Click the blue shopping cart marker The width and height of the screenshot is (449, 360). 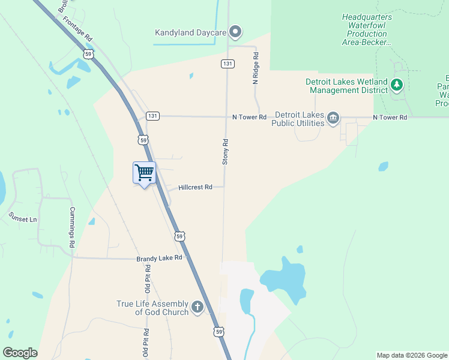144,173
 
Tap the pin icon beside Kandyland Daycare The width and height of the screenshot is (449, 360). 236,32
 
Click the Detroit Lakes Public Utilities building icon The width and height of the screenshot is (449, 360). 334,118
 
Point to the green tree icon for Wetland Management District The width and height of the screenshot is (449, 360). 396,85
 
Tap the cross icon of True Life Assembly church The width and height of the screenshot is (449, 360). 197,308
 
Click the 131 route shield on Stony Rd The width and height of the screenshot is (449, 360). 227,63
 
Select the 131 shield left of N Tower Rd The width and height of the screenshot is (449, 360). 152,116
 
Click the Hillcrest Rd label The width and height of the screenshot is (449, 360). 195,187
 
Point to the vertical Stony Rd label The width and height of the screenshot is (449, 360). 226,152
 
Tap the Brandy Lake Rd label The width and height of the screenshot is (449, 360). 159,258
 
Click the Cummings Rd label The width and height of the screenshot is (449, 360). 71,228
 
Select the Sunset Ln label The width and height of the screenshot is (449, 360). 23,219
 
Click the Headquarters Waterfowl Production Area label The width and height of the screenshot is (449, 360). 367,29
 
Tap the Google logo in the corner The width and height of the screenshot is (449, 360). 20,353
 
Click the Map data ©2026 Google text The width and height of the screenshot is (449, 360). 412,355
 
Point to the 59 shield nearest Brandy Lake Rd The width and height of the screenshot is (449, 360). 179,236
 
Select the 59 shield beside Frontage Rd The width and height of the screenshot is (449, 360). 88,54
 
